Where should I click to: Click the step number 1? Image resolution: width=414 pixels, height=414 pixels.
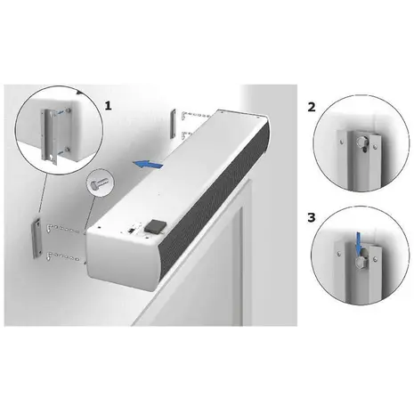[x=109, y=106]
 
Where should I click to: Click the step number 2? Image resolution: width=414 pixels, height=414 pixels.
[x=312, y=107]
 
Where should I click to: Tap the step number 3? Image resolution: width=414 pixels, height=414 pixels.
[x=312, y=217]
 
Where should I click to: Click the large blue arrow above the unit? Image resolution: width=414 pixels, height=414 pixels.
[x=148, y=164]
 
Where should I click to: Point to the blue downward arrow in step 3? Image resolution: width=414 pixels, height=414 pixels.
[x=360, y=243]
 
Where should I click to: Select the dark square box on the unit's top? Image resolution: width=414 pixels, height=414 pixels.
[x=154, y=226]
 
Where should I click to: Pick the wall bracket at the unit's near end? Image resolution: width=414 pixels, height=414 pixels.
[x=37, y=238]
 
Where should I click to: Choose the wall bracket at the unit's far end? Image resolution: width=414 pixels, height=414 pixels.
[x=173, y=124]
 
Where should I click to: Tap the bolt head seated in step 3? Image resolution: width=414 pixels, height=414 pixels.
[x=361, y=261]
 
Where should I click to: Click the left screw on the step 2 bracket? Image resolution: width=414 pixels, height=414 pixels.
[x=342, y=142]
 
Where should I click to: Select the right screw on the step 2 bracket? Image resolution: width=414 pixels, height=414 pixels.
[x=376, y=147]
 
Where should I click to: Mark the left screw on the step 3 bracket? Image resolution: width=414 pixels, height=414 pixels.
[x=339, y=253]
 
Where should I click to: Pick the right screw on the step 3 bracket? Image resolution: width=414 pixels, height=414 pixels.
[x=375, y=259]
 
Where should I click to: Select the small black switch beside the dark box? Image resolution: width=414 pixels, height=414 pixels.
[x=131, y=230]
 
